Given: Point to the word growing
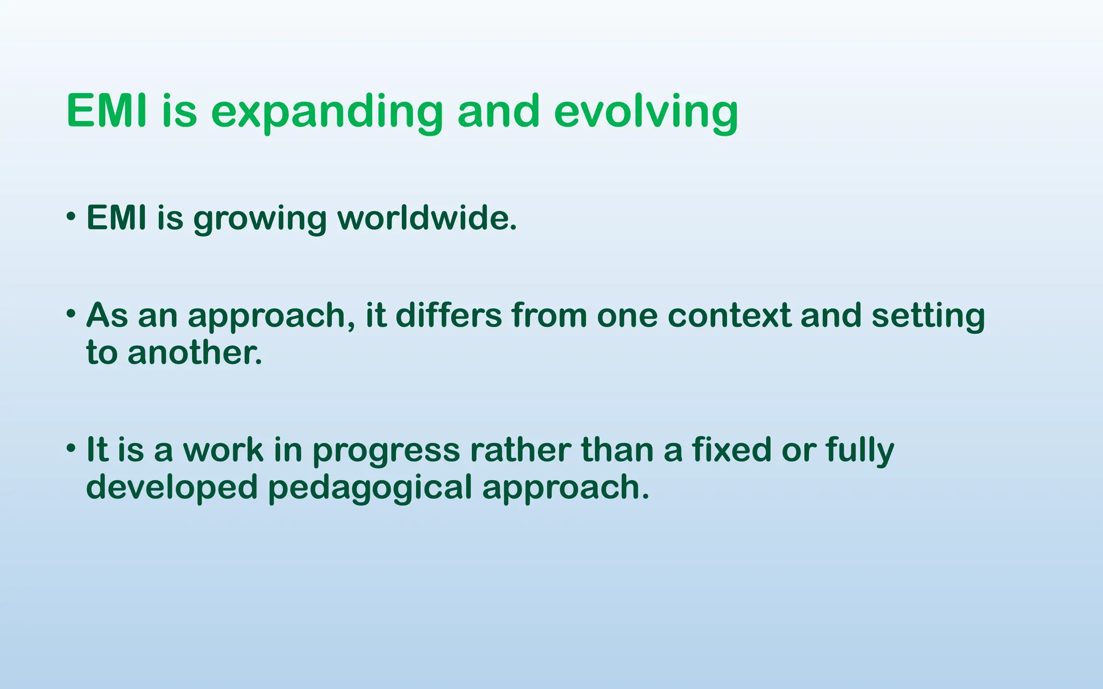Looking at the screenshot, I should pos(260,220).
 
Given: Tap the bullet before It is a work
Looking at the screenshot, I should pos(71,448).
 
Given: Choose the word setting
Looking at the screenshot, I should pos(928,317).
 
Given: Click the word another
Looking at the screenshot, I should pos(194,353).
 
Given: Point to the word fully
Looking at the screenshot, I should pos(860,451).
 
